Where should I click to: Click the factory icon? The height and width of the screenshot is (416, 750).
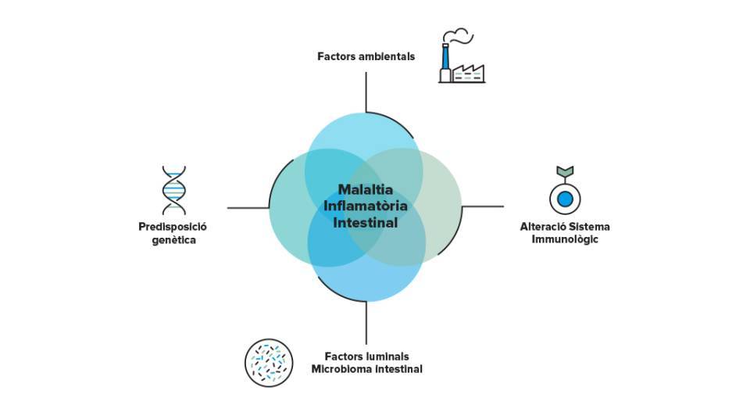pyautogui.click(x=462, y=56)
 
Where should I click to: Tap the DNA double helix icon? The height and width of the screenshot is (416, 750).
pyautogui.click(x=173, y=191)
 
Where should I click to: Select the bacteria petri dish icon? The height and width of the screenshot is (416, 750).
pyautogui.click(x=269, y=363)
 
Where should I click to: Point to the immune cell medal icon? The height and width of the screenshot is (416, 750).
pyautogui.click(x=565, y=190)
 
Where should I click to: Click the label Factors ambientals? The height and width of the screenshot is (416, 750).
pyautogui.click(x=366, y=56)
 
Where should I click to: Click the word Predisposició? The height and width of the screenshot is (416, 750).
pyautogui.click(x=173, y=227)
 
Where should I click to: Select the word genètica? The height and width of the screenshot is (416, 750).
pyautogui.click(x=173, y=240)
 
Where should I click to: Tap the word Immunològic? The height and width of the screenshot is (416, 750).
pyautogui.click(x=565, y=239)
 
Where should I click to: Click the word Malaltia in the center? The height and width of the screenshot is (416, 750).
pyautogui.click(x=366, y=189)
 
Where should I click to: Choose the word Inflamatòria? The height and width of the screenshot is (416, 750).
pyautogui.click(x=366, y=206)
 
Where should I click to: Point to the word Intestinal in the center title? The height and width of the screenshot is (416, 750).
pyautogui.click(x=366, y=223)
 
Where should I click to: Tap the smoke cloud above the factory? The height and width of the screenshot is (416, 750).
pyautogui.click(x=458, y=35)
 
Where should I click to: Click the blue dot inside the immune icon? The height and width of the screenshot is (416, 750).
pyautogui.click(x=566, y=199)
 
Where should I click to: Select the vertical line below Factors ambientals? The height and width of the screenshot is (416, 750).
pyautogui.click(x=366, y=92)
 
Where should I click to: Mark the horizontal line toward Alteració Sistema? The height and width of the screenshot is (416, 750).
pyautogui.click(x=483, y=206)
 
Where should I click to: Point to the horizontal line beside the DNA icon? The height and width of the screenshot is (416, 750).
pyautogui.click(x=248, y=208)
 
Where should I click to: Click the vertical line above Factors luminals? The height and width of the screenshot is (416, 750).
pyautogui.click(x=366, y=323)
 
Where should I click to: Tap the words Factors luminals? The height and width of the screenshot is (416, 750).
pyautogui.click(x=367, y=357)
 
